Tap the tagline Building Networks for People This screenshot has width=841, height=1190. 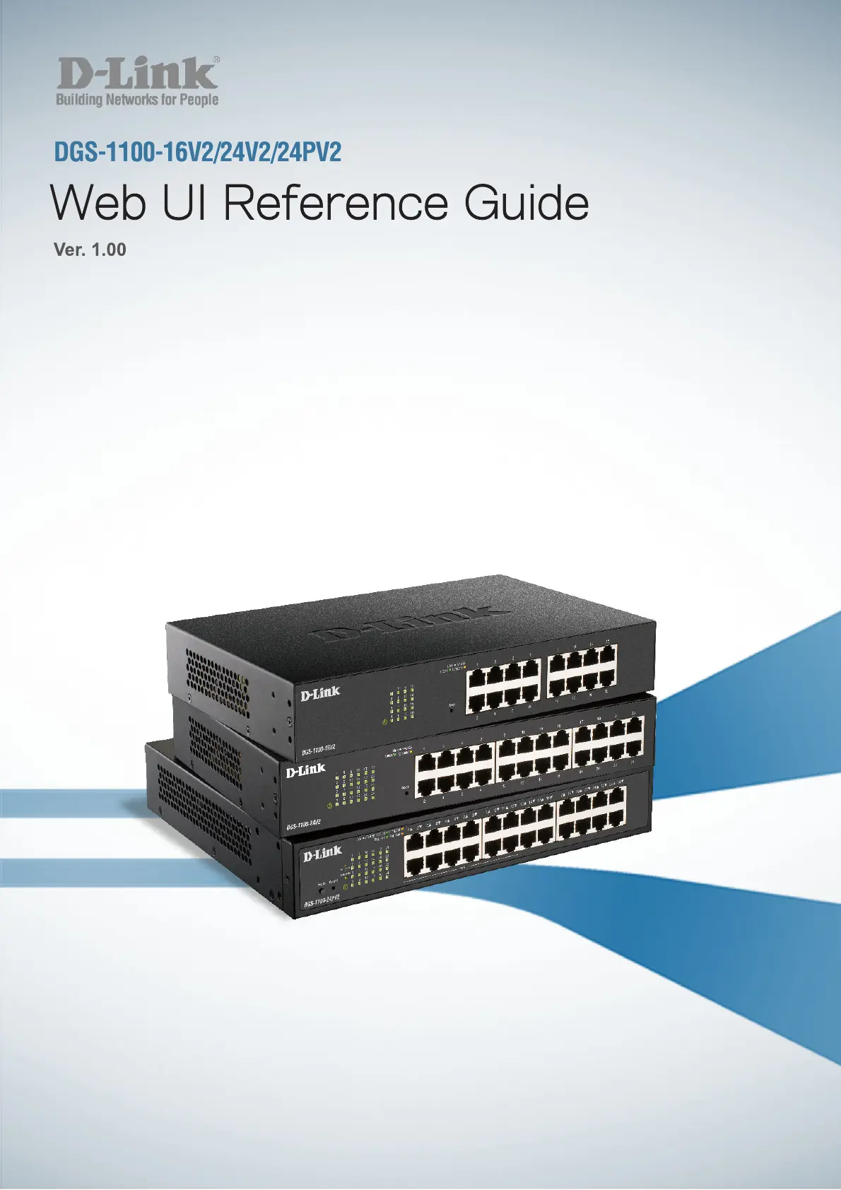click(137, 100)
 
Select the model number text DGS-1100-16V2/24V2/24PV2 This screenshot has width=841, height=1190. click(198, 152)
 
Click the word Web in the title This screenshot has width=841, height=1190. click(98, 204)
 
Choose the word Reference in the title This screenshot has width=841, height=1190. click(336, 204)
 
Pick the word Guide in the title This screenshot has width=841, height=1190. click(527, 204)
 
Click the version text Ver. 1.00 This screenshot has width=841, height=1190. click(90, 249)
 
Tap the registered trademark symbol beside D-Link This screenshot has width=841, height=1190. click(216, 61)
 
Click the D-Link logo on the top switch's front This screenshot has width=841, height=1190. click(320, 693)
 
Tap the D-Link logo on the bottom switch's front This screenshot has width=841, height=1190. click(322, 854)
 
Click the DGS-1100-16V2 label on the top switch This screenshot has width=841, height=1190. click(319, 748)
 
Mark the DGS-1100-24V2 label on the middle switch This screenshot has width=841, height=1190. click(304, 823)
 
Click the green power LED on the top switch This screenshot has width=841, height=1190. click(384, 721)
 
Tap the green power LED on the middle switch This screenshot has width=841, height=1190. click(330, 806)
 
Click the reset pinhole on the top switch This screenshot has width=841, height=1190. click(452, 709)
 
